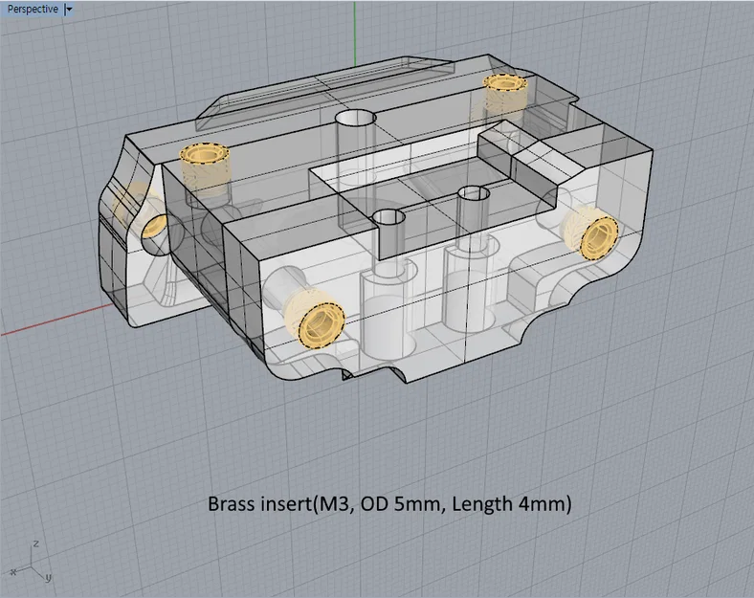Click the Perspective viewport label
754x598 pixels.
pos(33,9)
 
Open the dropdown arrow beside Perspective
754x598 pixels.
pos(68,9)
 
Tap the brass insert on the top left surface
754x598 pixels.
pos(203,155)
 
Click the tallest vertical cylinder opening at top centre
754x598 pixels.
pos(357,121)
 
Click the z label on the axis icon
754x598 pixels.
pos(35,543)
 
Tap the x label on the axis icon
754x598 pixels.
pos(13,571)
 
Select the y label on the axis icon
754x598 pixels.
pos(48,577)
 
